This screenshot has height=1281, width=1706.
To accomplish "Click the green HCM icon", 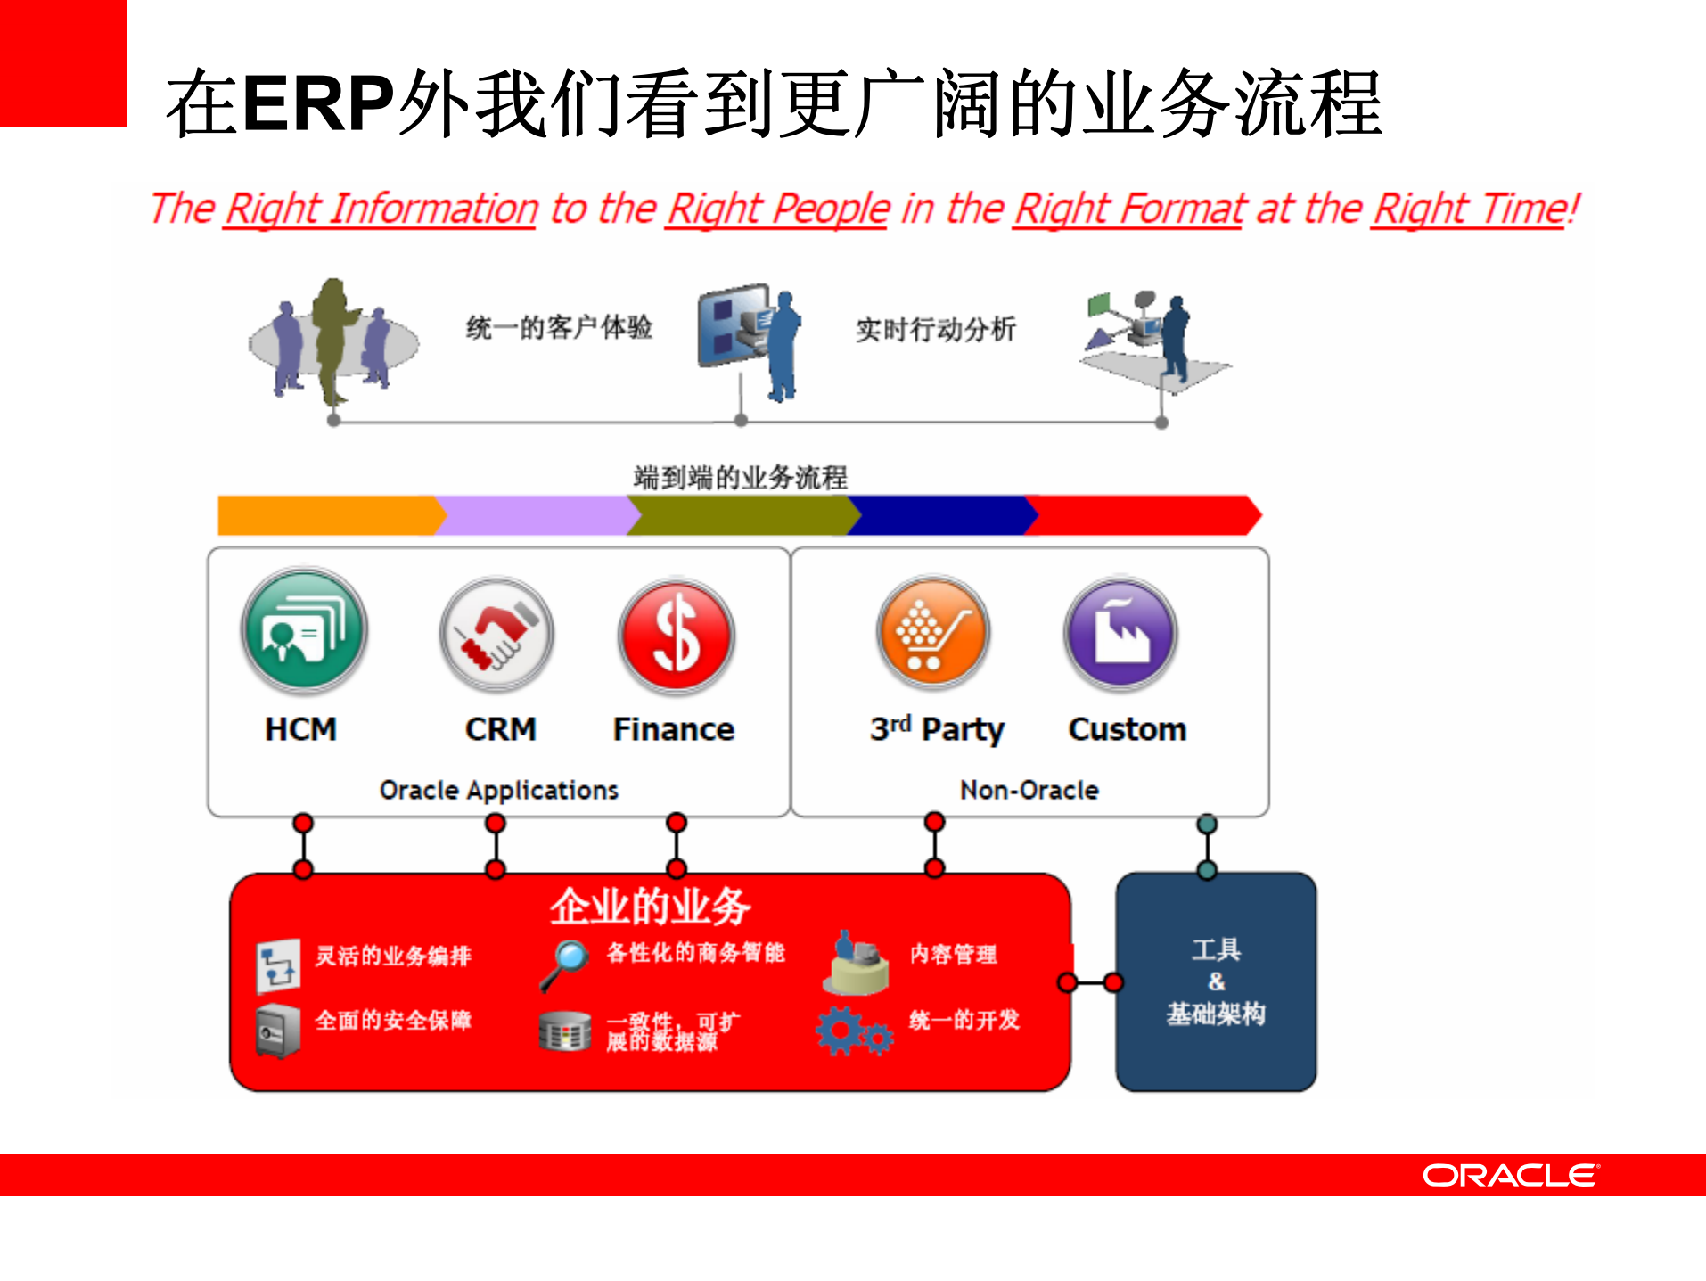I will click(304, 630).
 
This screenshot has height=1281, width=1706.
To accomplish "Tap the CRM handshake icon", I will click(496, 634).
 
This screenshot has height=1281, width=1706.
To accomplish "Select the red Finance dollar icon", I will click(677, 636).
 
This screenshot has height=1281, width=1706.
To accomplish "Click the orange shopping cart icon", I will click(933, 632).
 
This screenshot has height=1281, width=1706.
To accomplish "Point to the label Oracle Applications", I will click(498, 790).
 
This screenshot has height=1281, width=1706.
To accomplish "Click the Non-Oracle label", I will click(1029, 790).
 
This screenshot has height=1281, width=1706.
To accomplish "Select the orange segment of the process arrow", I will click(325, 515).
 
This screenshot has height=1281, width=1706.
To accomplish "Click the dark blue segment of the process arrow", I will click(940, 515).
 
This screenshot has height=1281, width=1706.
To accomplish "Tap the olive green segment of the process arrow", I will click(740, 515).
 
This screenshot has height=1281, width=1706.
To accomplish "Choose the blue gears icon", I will click(852, 1032).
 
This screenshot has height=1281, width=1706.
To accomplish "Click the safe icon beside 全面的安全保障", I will click(277, 1031).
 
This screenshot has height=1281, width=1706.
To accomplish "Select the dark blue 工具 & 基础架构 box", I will click(1216, 981).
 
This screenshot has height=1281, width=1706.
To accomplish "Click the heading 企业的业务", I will click(650, 907).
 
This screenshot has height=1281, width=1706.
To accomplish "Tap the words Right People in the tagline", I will click(778, 209).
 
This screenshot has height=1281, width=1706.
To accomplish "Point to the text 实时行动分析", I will click(935, 329).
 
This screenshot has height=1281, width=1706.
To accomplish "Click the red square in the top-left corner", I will click(62, 62).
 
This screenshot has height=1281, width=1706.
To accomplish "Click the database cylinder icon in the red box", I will click(564, 1032).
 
